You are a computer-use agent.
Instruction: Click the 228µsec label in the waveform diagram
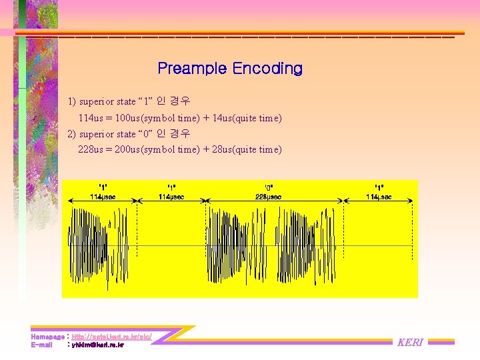click(x=269, y=197)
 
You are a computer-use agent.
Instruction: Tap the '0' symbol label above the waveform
click(x=269, y=187)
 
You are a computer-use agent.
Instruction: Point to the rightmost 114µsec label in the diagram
click(x=379, y=197)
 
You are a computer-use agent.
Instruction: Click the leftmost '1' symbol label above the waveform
click(x=103, y=187)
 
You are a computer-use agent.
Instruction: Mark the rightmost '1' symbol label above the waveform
click(x=379, y=187)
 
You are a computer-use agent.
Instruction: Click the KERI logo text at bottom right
click(x=410, y=343)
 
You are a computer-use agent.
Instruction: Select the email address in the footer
click(x=97, y=345)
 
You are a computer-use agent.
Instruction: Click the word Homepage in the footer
click(x=47, y=337)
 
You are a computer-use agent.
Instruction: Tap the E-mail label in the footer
click(x=41, y=345)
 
